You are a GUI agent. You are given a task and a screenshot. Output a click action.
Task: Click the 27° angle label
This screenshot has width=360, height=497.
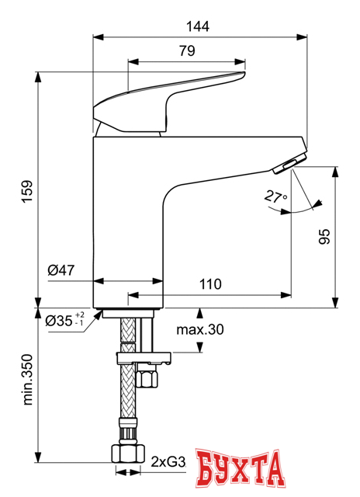point(275,199)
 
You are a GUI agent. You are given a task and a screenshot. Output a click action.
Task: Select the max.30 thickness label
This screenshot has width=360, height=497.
point(199,329)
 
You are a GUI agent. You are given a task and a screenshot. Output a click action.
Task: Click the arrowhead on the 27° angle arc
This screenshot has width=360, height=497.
point(317,205)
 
